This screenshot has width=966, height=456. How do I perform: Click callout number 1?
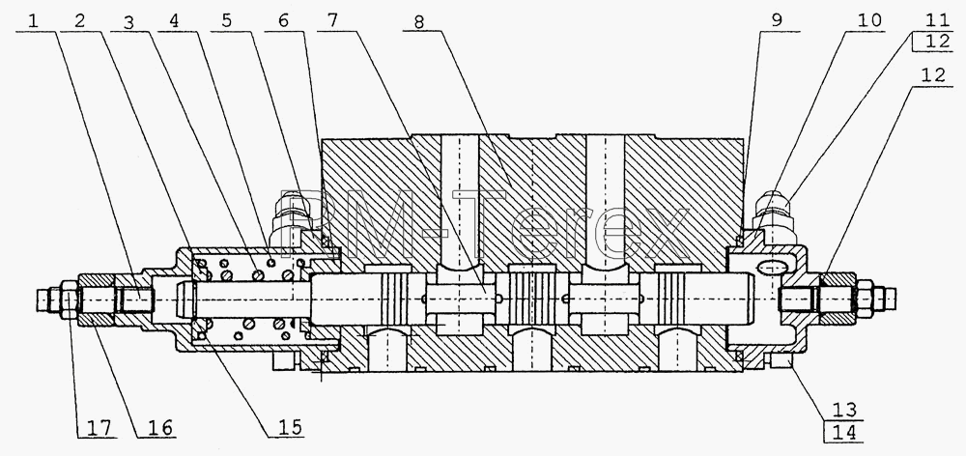33,20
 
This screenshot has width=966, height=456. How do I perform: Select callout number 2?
80,20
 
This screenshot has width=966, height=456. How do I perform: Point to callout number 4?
176,20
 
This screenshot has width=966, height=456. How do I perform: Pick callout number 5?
227,20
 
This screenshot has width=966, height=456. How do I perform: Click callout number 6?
282,20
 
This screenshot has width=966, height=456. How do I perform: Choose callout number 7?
332,20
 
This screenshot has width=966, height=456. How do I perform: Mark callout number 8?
419,21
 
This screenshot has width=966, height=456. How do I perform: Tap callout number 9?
777,20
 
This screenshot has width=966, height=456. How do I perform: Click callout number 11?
936,19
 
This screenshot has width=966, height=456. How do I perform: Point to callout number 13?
844,410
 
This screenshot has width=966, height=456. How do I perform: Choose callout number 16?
159,426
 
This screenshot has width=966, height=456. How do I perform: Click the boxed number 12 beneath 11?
936,43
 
